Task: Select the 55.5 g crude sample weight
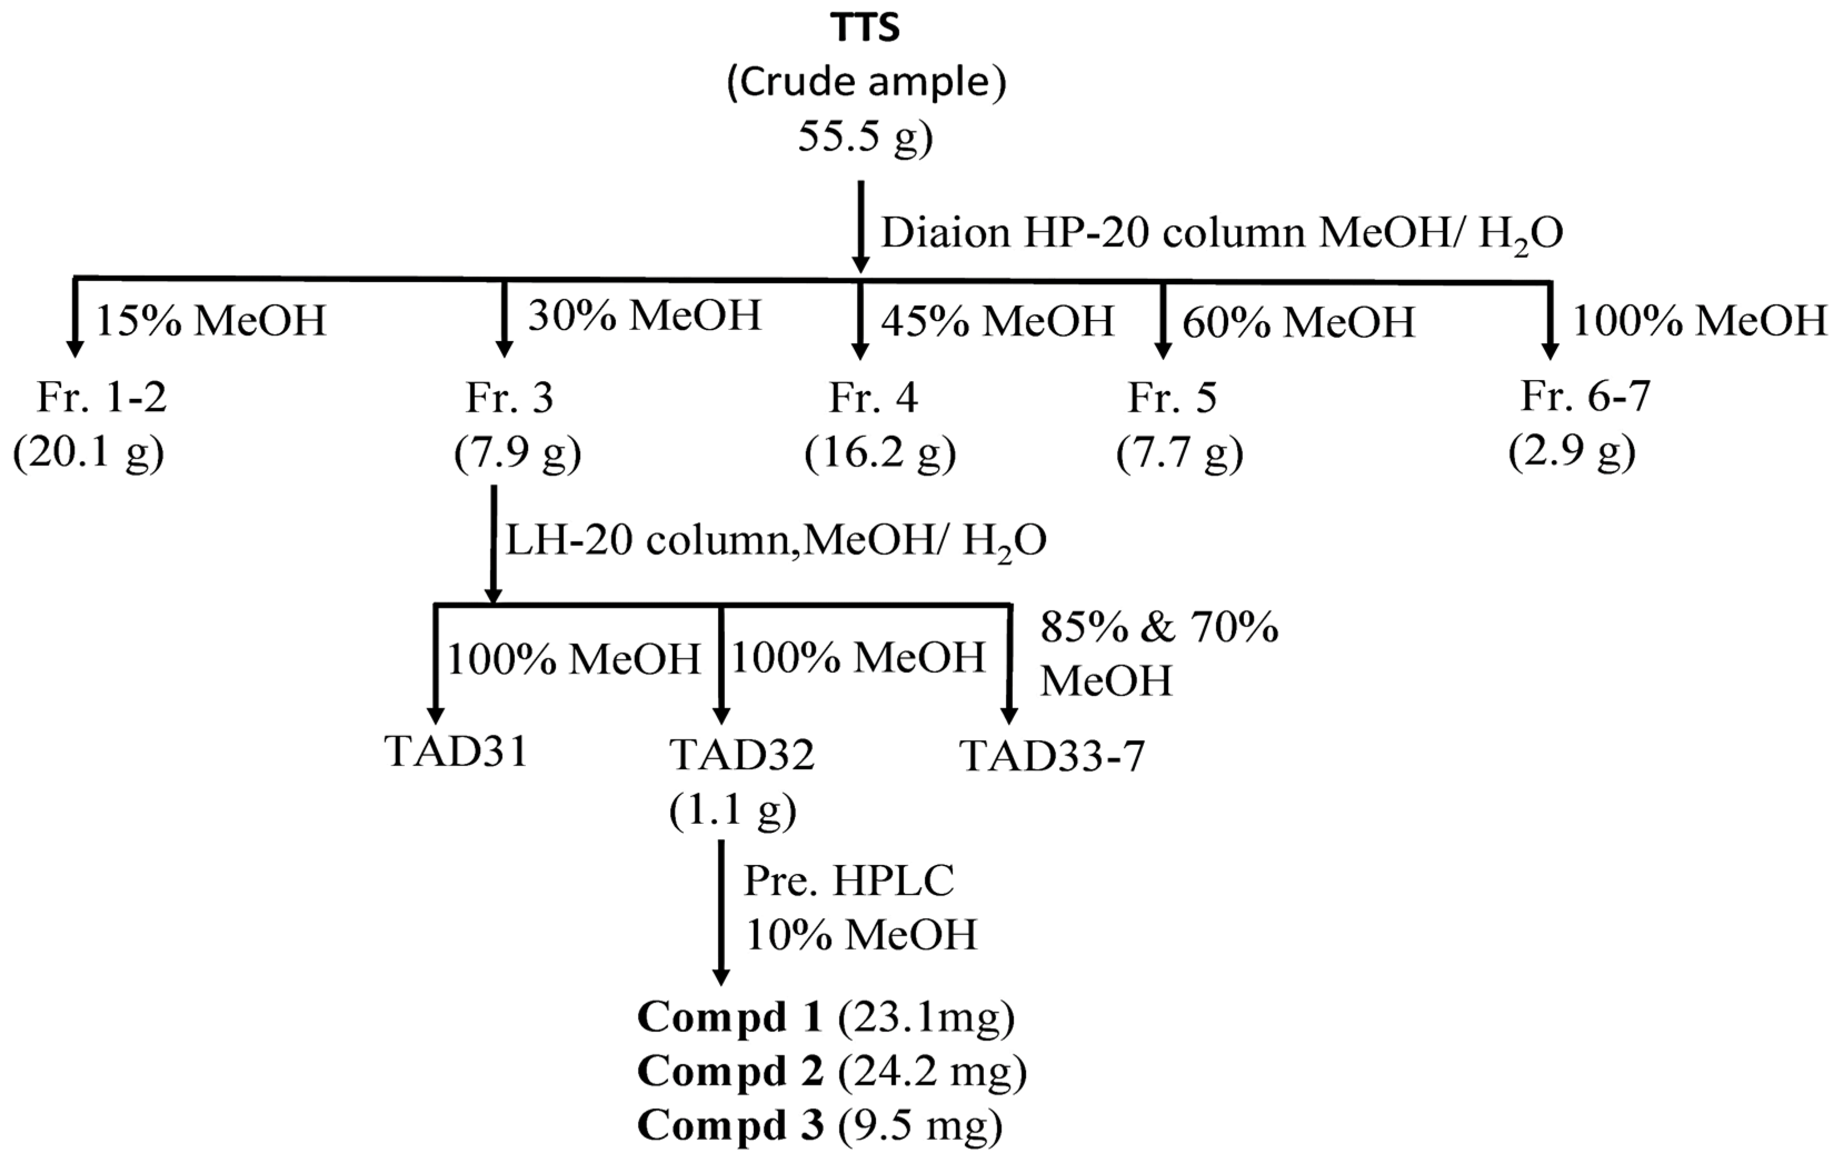coord(865,137)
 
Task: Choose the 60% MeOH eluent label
coord(1298,322)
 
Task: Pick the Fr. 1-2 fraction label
coord(102,397)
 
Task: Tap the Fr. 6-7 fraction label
coord(1585,396)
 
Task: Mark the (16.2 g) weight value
coord(881,454)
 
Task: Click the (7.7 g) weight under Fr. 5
coord(1179,454)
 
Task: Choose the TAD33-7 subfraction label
coord(1052,757)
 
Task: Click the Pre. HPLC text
coord(849,881)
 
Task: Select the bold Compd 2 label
coord(730,1071)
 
